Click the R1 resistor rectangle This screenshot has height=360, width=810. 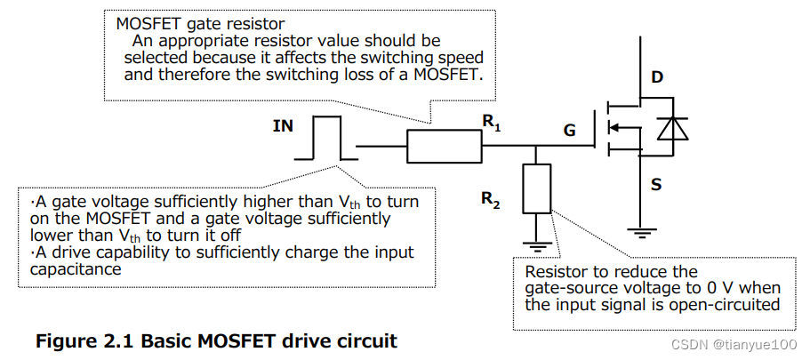tap(445, 146)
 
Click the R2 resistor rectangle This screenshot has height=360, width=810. tap(536, 188)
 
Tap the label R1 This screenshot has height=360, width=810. tap(492, 125)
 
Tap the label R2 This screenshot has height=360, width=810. tap(491, 201)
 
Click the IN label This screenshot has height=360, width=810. tap(283, 126)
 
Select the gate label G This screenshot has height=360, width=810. tap(569, 131)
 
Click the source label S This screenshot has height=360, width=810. tap(656, 185)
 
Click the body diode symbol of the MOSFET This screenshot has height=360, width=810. tap(668, 130)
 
